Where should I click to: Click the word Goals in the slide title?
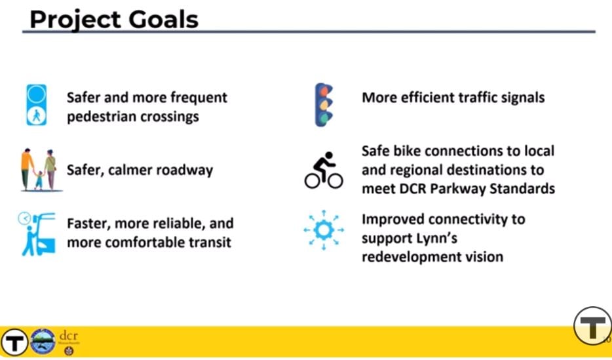click(164, 20)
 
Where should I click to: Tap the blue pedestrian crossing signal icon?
click(36, 105)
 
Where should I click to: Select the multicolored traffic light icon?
click(324, 105)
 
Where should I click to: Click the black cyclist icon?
click(324, 170)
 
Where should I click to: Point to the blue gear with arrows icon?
click(324, 230)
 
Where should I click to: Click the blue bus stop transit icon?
click(37, 234)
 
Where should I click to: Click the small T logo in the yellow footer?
click(14, 342)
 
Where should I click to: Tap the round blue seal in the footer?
click(43, 341)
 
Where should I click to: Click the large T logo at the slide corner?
click(592, 326)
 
